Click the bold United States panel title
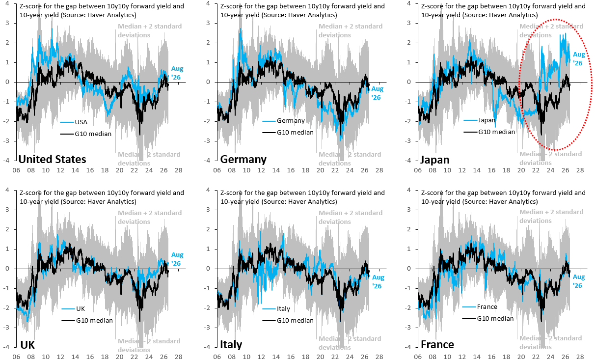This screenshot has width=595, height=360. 53,160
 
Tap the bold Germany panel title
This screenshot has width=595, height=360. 243,160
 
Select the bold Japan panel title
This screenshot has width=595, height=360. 435,160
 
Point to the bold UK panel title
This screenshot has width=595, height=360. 27,345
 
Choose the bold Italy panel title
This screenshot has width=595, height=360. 231,345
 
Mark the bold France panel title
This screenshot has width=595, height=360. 437,345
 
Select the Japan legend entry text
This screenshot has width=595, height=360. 487,120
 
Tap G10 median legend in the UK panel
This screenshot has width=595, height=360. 87,321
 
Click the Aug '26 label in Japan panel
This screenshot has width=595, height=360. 579,59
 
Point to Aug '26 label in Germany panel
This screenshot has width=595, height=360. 377,93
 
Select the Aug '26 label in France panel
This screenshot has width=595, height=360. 579,281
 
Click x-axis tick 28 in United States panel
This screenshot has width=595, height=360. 179,170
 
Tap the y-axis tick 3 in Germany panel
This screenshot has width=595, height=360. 208,23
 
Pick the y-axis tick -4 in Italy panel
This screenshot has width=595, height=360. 207,347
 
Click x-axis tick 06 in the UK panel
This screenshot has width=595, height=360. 16,357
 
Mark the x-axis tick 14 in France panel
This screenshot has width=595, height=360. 477,357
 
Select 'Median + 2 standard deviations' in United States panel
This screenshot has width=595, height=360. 150,30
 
